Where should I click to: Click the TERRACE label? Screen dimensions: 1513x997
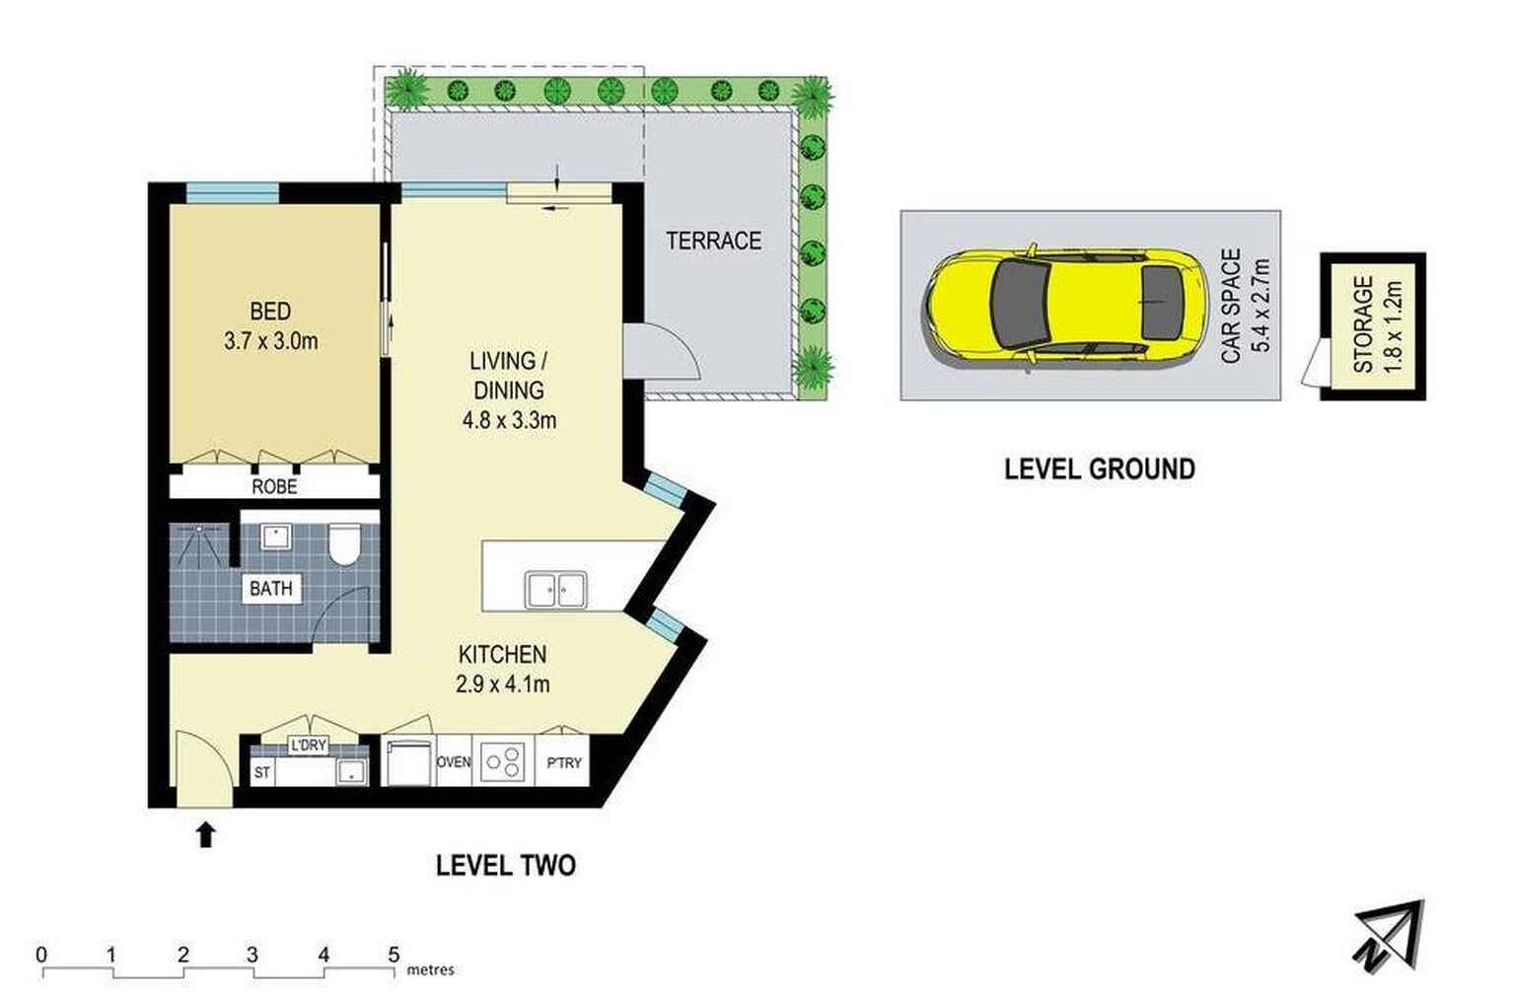coord(713,241)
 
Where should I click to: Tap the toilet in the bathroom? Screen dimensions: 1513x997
coord(344,544)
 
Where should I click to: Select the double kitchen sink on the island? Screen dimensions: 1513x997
coord(556,590)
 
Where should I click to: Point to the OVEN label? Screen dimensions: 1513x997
coord(454,762)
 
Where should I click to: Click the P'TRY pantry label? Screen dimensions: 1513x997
coord(563,762)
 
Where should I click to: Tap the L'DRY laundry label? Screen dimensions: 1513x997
coord(308,746)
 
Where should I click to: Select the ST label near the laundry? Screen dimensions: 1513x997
coord(262,772)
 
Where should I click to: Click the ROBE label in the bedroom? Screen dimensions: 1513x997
coord(274,486)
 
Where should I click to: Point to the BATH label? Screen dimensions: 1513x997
coord(271,589)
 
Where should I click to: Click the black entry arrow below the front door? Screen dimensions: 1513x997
coord(206,835)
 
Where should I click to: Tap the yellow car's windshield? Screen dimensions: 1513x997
coord(1020,304)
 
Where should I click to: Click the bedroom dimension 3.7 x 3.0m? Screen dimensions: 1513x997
coord(271,341)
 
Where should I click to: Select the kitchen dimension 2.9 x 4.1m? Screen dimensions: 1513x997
coord(503,684)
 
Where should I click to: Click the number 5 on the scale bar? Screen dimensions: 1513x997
coord(394,956)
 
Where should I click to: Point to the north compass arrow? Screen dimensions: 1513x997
coord(1392,936)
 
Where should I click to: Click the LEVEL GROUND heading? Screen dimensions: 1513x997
coord(1100,468)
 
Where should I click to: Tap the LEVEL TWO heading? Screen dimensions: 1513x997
coord(506,865)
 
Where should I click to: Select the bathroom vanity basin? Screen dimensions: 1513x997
coord(276,536)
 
